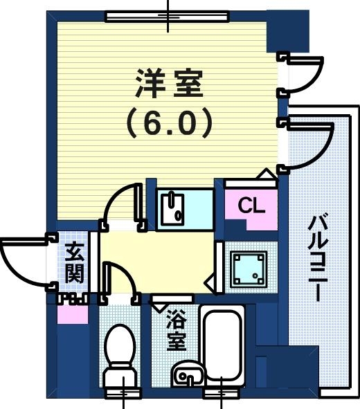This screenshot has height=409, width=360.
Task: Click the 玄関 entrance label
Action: [74, 264]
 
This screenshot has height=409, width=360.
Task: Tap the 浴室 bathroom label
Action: [177, 331]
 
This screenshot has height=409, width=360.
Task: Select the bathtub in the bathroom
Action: [222, 346]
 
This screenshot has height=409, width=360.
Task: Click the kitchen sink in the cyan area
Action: [171, 208]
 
